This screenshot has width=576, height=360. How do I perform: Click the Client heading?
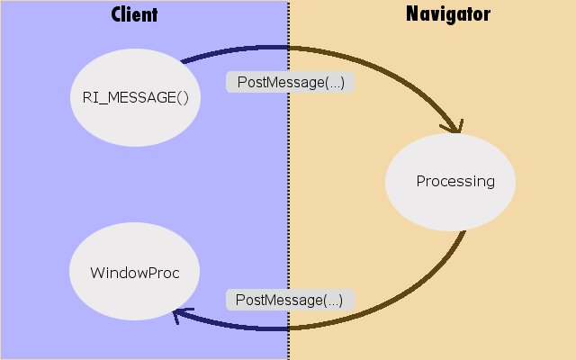(x=134, y=14)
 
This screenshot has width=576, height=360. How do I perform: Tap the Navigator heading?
(x=448, y=14)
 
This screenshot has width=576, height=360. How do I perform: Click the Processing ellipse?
(x=451, y=181)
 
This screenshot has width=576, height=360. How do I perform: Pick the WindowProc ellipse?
(x=135, y=272)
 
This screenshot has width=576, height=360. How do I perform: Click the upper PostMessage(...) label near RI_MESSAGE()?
(x=290, y=82)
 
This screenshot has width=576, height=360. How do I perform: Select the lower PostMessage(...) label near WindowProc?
(x=290, y=299)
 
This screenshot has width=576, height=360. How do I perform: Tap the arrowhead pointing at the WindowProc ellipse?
(x=180, y=313)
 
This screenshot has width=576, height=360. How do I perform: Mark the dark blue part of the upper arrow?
(x=234, y=49)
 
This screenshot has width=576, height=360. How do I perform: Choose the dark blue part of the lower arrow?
(x=234, y=326)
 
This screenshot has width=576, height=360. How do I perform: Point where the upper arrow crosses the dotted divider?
(x=289, y=47)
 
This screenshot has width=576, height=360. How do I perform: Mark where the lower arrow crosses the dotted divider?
(x=289, y=329)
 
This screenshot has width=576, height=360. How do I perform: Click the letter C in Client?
(x=117, y=14)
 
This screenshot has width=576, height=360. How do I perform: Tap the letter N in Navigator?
(x=412, y=14)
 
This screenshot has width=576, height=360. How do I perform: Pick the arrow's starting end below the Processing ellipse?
(x=464, y=232)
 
